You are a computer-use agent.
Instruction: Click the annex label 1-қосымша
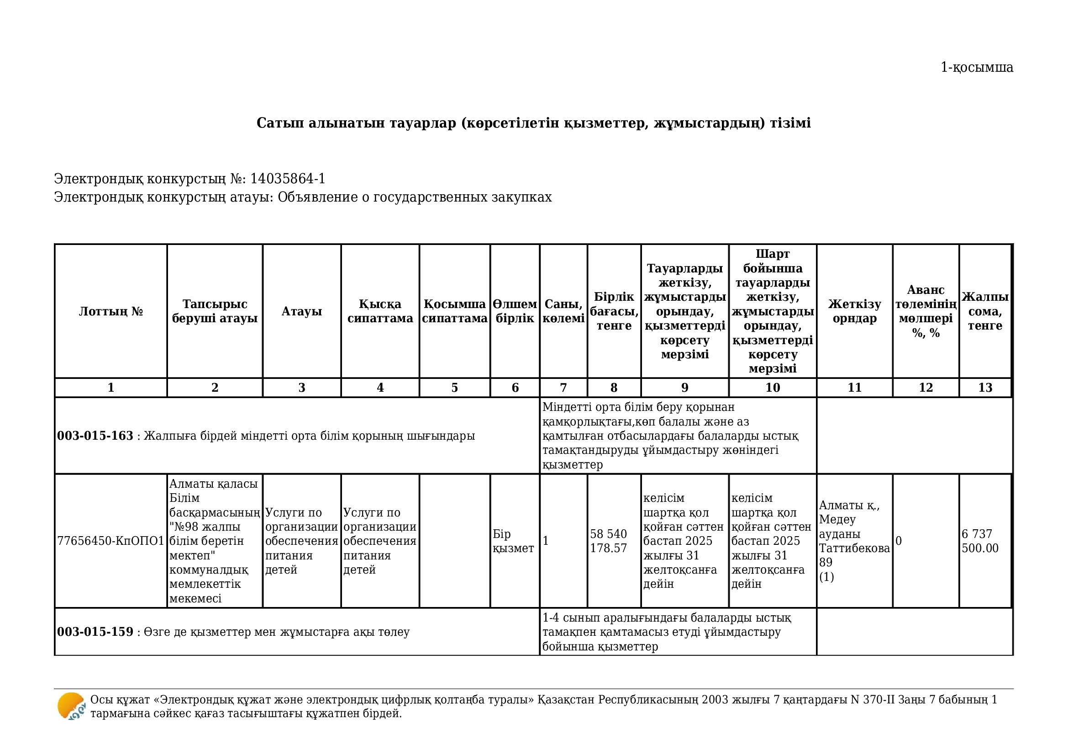pos(976,68)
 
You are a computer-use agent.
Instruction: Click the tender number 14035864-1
pos(288,179)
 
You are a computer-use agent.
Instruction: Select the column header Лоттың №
pos(110,311)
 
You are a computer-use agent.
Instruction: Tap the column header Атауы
pos(301,311)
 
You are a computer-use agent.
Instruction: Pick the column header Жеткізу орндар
pos(854,311)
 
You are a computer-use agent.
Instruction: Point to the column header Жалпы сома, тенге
pos(985,311)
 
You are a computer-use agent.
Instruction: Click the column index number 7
pos(563,388)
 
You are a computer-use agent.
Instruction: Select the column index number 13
pos(985,388)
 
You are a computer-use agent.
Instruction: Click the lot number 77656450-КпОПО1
pos(110,541)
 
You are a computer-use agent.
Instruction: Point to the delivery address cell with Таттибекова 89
pos(854,541)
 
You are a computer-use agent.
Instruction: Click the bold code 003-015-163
pos(95,436)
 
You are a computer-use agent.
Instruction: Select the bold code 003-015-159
pos(95,632)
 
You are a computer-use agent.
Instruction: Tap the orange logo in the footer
pos(71,706)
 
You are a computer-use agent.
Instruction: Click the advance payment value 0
pos(899,541)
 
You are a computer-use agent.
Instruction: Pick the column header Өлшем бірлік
pos(515,311)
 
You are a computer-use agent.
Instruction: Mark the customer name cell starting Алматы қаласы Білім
pos(215,541)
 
